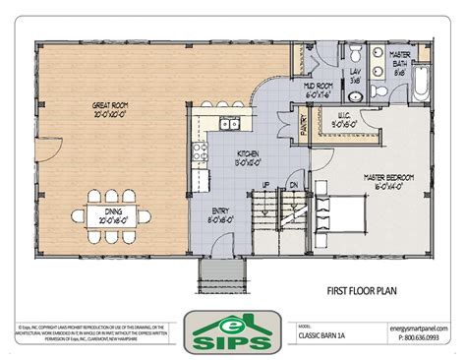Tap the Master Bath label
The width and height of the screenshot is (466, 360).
click(400, 64)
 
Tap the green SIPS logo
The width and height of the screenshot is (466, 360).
click(233, 331)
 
